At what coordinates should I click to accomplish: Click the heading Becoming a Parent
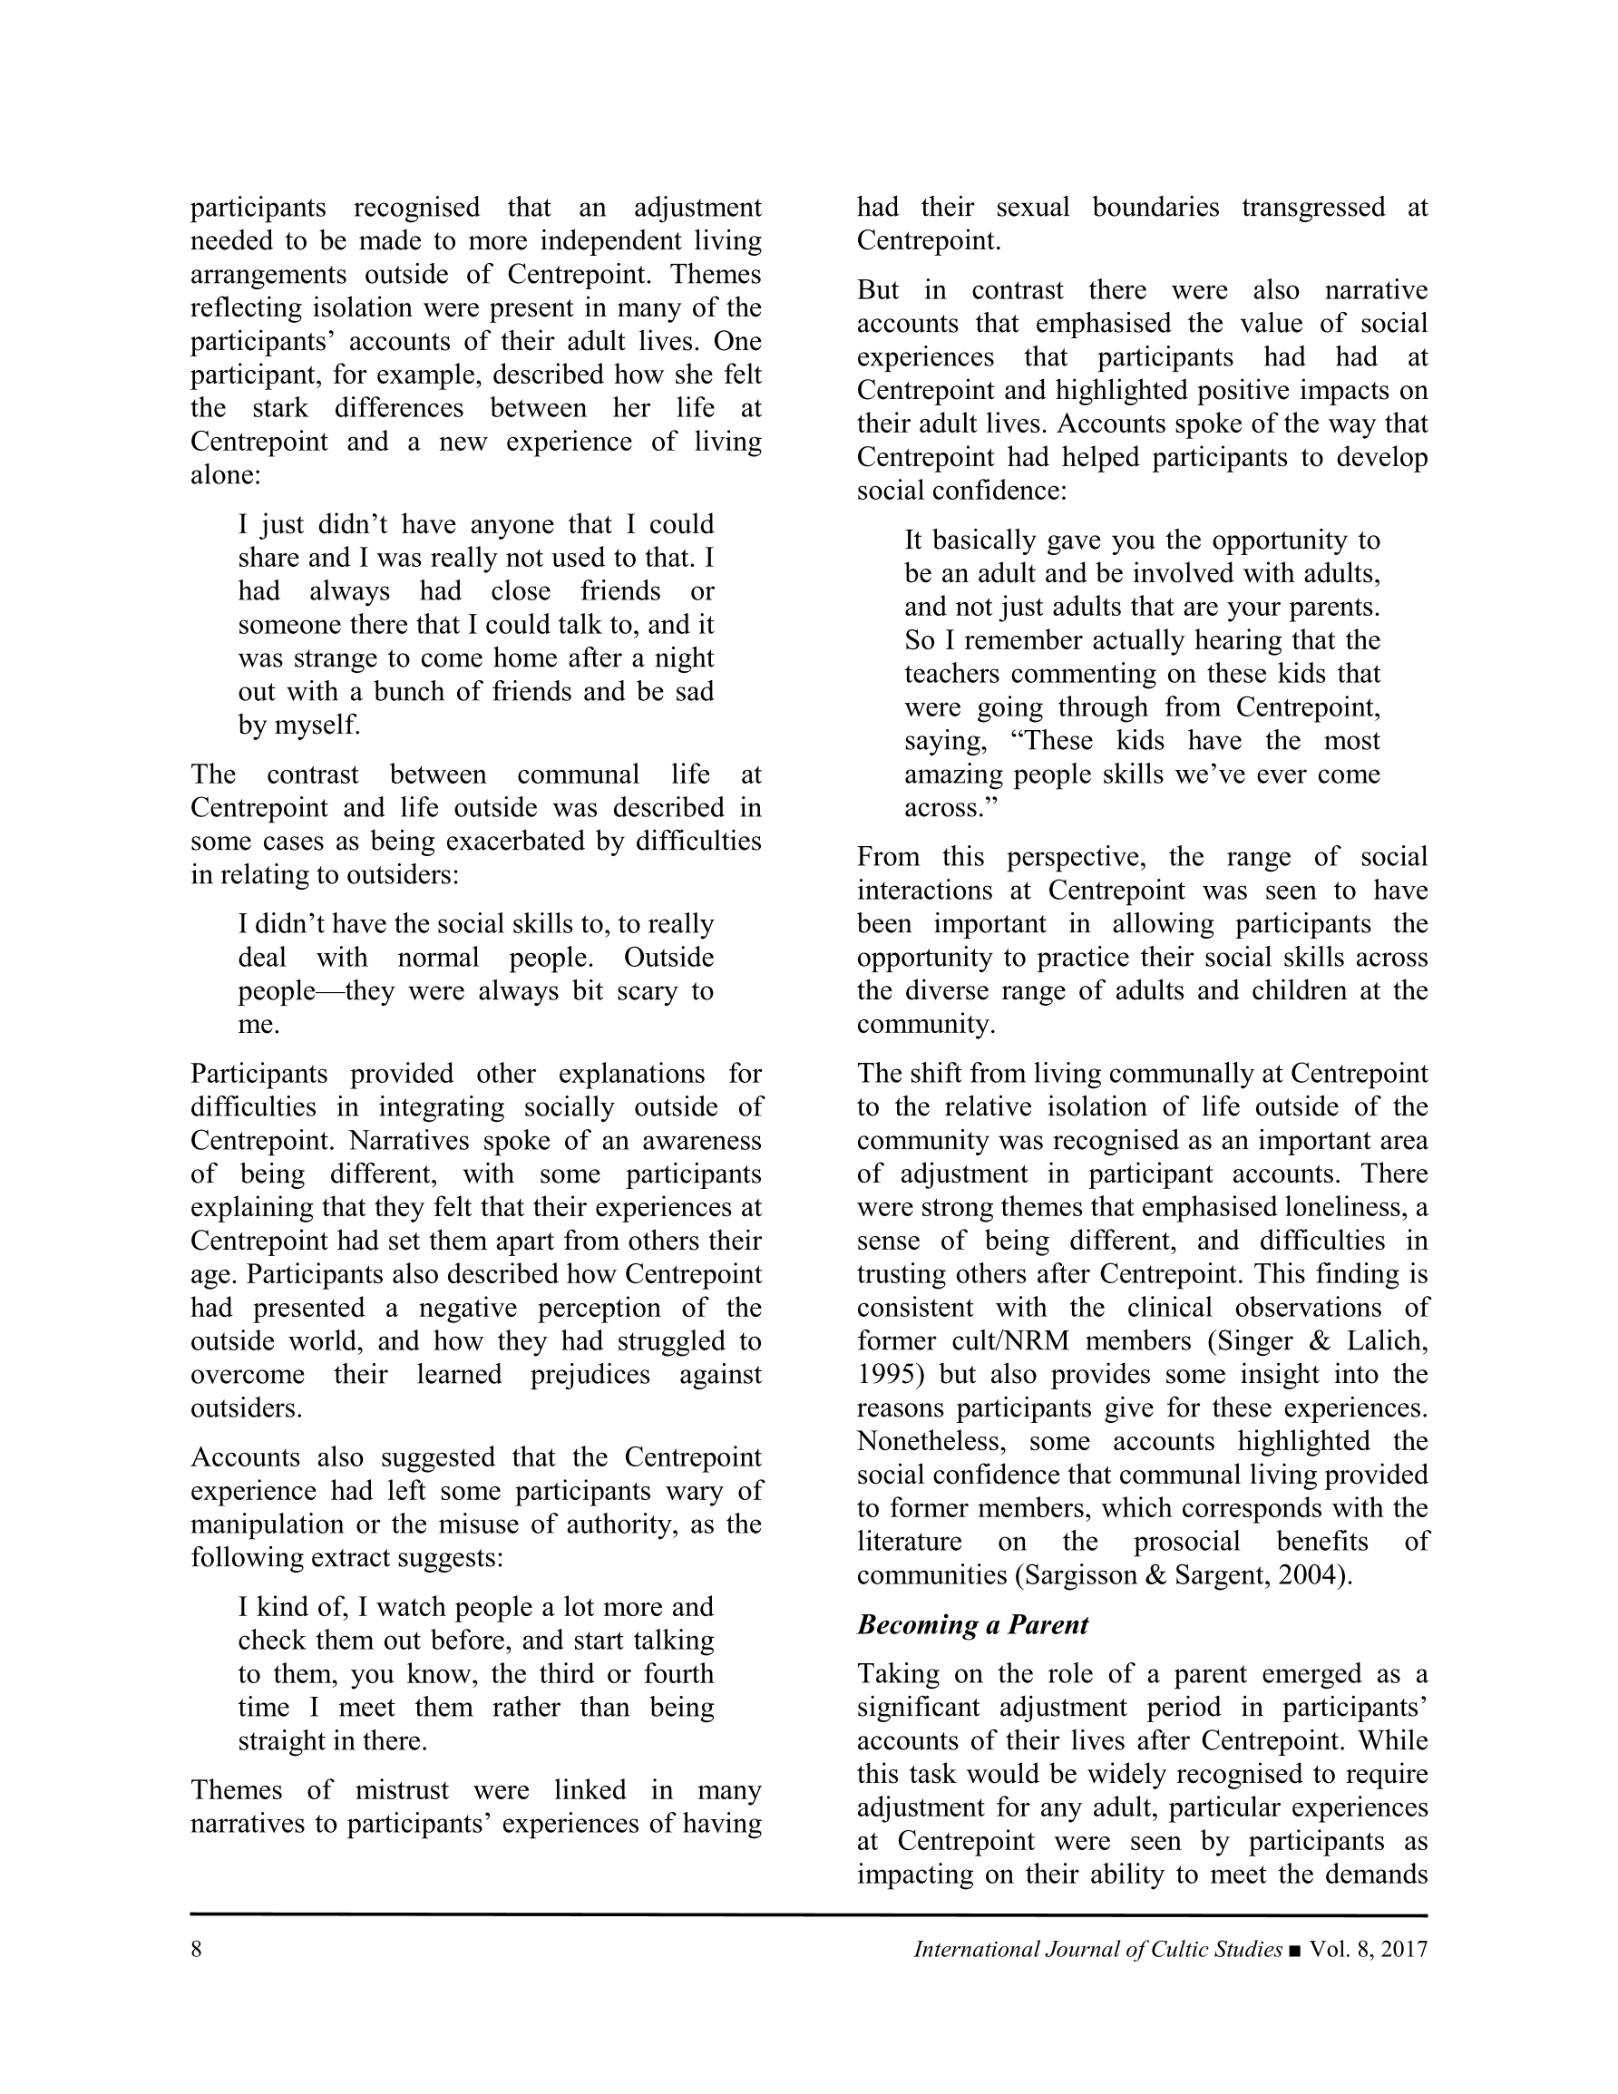point(972,1625)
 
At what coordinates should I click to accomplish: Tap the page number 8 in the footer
point(197,1949)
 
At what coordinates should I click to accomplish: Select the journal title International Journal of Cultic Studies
point(1097,1949)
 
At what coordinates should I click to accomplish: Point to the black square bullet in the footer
point(1296,1950)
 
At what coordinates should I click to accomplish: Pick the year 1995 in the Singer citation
point(882,1375)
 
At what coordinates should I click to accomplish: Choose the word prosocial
point(1186,1542)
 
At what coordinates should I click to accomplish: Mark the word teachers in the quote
point(953,674)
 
